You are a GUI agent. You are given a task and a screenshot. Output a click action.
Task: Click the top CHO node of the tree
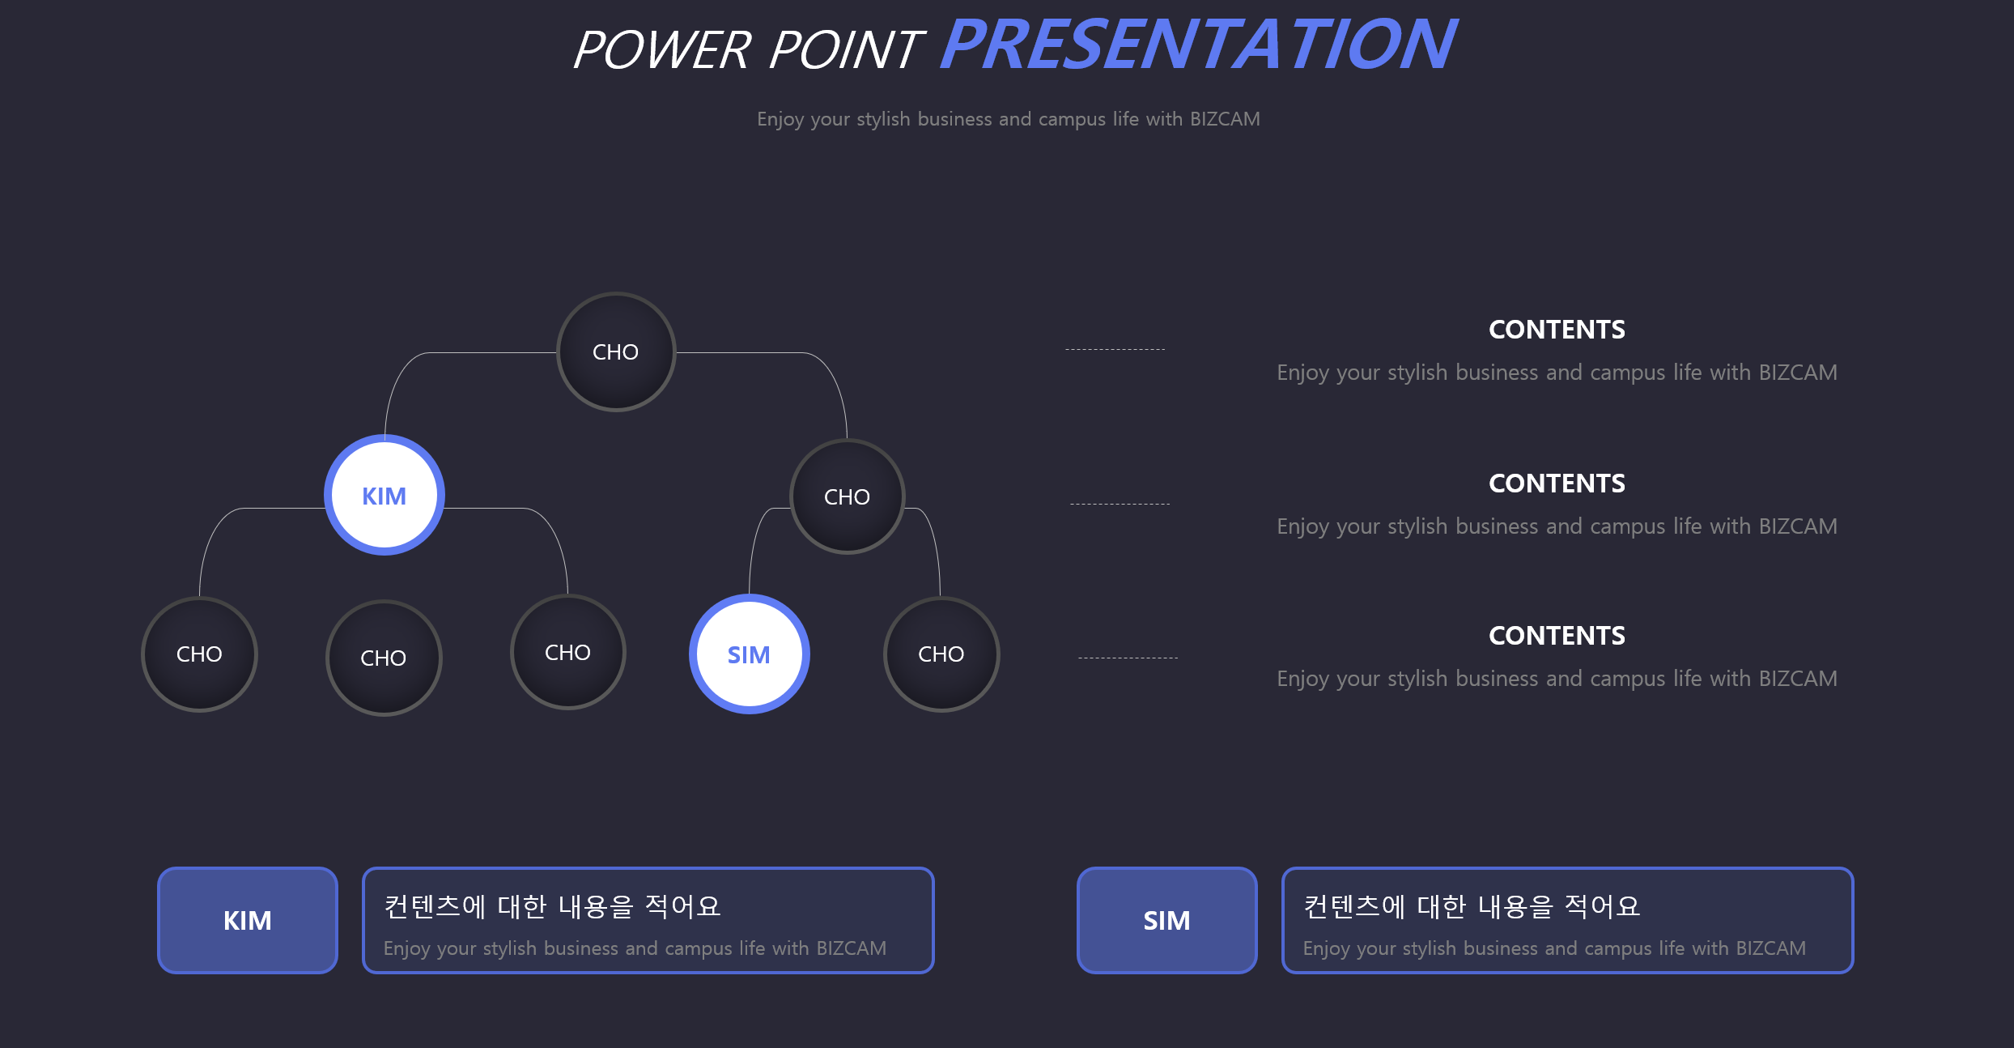point(616,351)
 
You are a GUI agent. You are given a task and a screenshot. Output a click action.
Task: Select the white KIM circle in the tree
point(385,495)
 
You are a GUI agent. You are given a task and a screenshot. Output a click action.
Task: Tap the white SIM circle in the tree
point(750,654)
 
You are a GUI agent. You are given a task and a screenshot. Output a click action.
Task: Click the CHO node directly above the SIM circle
point(847,496)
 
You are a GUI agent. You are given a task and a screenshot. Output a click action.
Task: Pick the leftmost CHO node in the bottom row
point(199,654)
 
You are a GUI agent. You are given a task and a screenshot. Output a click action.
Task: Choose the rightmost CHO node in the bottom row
point(941,654)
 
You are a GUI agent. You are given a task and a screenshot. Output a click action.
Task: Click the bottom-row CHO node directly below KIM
point(384,658)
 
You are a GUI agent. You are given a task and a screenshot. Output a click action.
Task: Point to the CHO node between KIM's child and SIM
point(568,652)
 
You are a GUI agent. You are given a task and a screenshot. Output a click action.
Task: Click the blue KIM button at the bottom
point(248,920)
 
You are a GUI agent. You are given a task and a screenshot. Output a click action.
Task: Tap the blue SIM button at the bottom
point(1166,920)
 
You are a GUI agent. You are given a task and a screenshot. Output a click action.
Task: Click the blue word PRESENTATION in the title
point(1198,45)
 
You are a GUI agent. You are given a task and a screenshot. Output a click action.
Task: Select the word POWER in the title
point(662,49)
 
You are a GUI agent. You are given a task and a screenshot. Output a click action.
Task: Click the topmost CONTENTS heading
point(1557,330)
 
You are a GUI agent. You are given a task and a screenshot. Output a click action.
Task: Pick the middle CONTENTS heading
point(1557,484)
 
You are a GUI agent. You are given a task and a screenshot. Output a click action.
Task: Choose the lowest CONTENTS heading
point(1557,636)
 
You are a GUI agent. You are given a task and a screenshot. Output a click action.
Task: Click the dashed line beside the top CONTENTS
point(1115,349)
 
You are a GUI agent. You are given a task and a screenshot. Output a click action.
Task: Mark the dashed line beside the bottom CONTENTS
point(1128,658)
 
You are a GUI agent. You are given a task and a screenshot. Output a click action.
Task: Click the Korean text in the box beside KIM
point(552,906)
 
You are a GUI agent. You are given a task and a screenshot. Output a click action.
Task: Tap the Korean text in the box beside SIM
point(1472,906)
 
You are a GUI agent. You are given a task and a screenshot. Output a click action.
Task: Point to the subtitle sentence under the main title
point(1009,119)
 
